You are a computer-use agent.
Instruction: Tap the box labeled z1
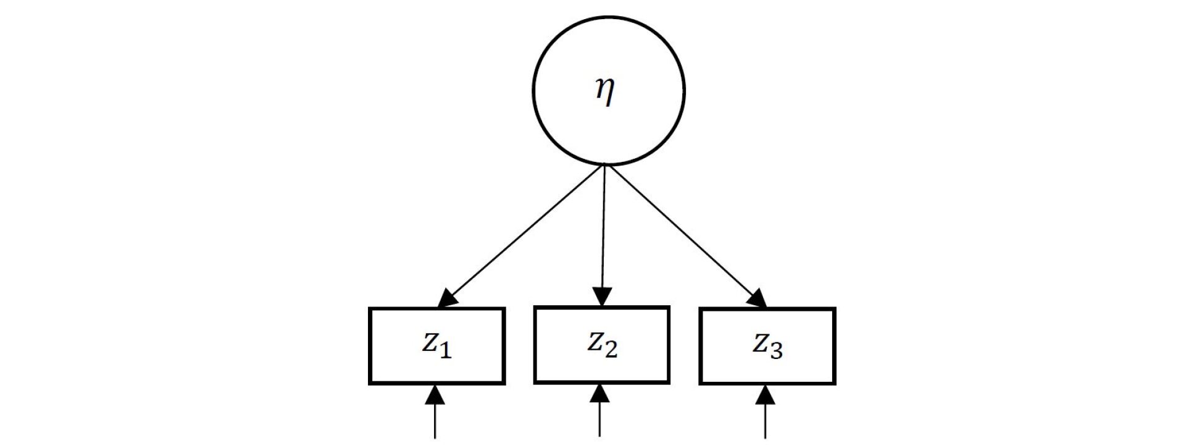click(436, 346)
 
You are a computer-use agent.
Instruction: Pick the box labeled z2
click(602, 344)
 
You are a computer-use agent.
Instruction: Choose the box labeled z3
click(767, 346)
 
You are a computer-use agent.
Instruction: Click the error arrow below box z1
click(436, 414)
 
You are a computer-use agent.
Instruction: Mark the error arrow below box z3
click(766, 414)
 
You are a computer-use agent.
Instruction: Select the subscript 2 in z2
click(611, 350)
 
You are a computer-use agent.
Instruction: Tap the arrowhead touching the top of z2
click(602, 297)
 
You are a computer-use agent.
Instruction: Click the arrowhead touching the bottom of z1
click(436, 394)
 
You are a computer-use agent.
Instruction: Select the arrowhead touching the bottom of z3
click(766, 394)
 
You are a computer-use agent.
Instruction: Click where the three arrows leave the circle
click(606, 166)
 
